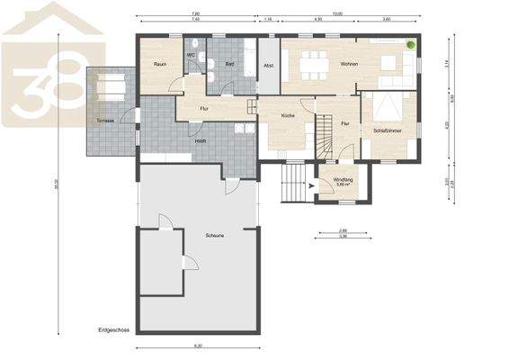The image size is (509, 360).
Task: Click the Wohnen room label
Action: pos(349,64)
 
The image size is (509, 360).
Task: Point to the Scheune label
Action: pos(214,236)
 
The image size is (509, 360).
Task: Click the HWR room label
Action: pos(201,141)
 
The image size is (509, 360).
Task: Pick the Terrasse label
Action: pos(98,121)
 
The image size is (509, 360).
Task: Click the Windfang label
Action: pos(344,179)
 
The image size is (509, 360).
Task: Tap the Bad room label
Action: pos(230,64)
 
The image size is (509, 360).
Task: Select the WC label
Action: pos(192,55)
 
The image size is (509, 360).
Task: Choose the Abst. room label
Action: pos(268,65)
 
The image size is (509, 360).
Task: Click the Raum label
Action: pos(160,64)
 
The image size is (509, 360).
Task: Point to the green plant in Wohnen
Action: pos(410,44)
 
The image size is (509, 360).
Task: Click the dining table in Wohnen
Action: pos(312,62)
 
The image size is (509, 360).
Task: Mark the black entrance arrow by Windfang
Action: pos(311,187)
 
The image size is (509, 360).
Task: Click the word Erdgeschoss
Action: pos(114,330)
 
